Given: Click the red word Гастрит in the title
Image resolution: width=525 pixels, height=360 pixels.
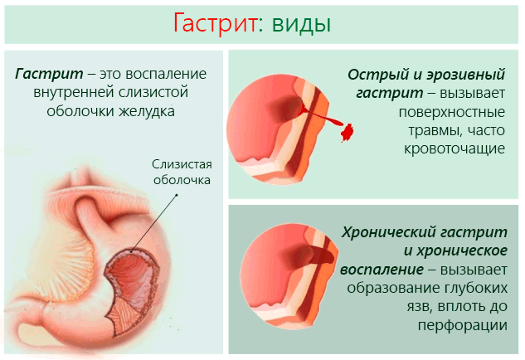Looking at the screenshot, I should coord(214,22).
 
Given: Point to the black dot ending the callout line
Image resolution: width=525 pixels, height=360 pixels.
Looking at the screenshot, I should coord(177,197).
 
